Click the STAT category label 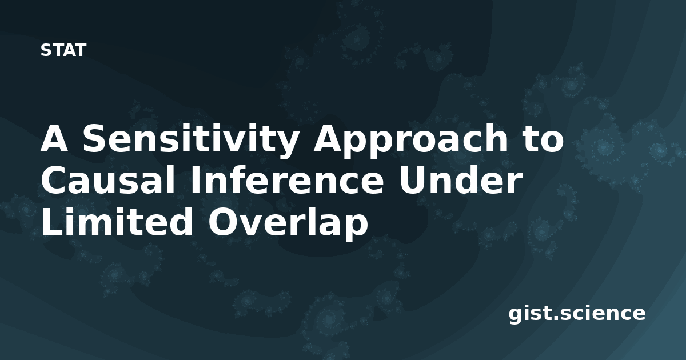tap(63, 50)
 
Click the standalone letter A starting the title tap(54, 138)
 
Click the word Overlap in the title tap(288, 223)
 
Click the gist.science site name tap(577, 314)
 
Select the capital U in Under tap(410, 180)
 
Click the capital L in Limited tap(52, 221)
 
